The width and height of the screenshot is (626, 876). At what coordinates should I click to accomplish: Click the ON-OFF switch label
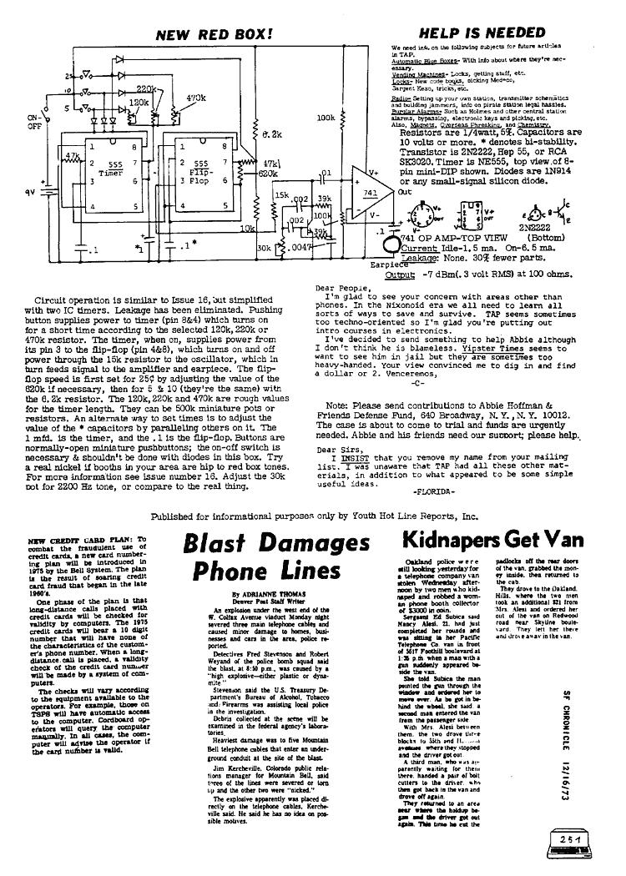pyautogui.click(x=34, y=123)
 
